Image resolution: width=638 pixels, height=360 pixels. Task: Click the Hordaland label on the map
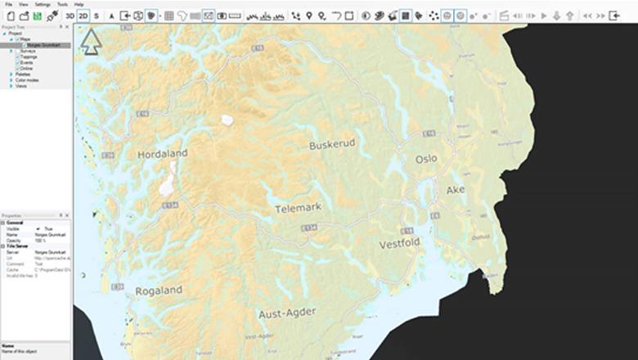click(x=162, y=153)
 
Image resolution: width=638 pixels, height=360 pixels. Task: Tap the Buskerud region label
click(x=332, y=144)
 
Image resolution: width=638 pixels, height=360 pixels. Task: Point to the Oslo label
click(x=426, y=159)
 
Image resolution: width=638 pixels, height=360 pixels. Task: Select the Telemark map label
click(x=298, y=208)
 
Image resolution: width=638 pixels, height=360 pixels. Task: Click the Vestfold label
click(x=400, y=244)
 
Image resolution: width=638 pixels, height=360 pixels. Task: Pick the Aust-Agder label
click(x=286, y=313)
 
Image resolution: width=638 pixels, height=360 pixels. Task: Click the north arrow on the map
click(x=90, y=42)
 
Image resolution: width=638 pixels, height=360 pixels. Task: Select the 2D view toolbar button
click(x=83, y=16)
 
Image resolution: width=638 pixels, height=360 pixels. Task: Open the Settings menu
click(x=43, y=4)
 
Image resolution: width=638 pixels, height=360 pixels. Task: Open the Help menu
click(x=79, y=4)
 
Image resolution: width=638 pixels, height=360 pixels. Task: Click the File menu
click(x=8, y=4)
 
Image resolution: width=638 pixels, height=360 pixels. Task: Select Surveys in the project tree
click(x=28, y=51)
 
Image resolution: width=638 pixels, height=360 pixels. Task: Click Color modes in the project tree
click(x=26, y=79)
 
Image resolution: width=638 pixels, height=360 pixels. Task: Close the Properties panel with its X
click(x=69, y=215)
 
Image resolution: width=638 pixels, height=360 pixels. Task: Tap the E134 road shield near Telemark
click(x=308, y=227)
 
